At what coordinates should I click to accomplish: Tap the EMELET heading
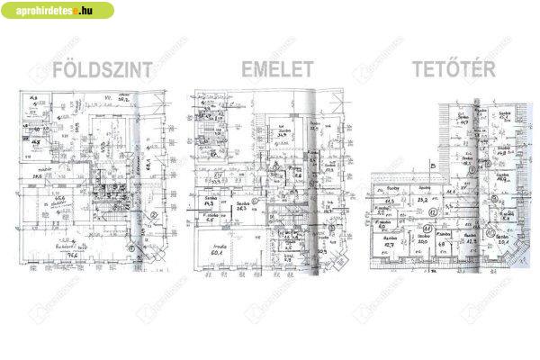(x=277, y=69)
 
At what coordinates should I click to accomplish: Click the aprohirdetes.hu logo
(x=58, y=12)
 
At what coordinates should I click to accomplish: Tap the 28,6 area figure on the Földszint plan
(x=38, y=176)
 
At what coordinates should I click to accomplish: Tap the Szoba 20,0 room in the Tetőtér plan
(x=442, y=241)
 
